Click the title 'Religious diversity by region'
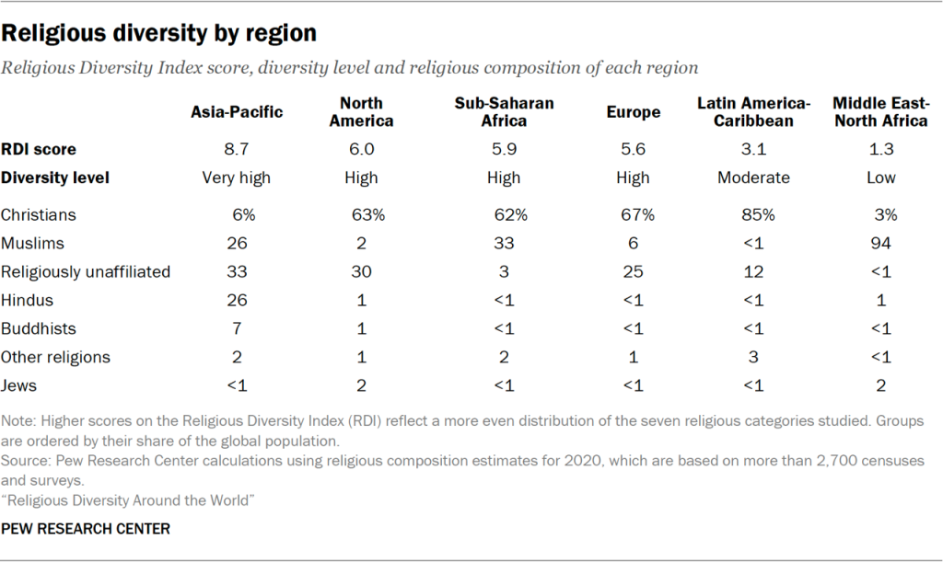click(x=159, y=34)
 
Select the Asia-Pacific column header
click(x=237, y=112)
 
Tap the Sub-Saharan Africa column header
click(x=504, y=112)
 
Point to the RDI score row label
click(x=39, y=149)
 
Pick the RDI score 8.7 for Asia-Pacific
click(x=237, y=149)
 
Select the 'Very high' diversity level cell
click(x=237, y=178)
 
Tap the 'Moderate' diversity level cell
click(x=753, y=178)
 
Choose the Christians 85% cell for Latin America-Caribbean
click(x=753, y=215)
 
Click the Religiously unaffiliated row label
click(x=86, y=271)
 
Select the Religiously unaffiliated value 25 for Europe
click(x=634, y=271)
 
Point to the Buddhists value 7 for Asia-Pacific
click(x=237, y=328)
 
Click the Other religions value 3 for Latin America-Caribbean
click(x=753, y=357)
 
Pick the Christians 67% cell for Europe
click(x=634, y=215)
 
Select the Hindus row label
click(x=28, y=300)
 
